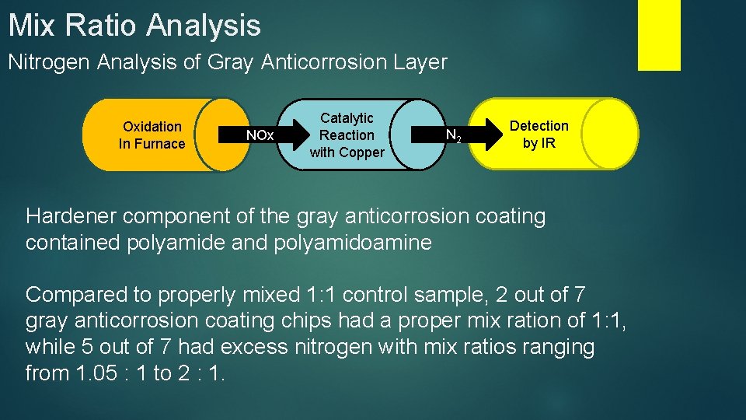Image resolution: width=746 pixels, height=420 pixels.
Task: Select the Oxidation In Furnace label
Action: coord(152,135)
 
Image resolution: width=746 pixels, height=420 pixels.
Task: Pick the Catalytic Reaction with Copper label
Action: coord(347,135)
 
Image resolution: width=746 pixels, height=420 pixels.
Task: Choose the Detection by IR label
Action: coord(539,135)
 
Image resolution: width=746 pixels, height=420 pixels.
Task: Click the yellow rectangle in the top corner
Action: coord(659,34)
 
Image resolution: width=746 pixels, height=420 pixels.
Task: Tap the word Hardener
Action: coord(71,216)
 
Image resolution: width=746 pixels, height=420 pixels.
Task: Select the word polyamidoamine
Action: coord(352,243)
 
